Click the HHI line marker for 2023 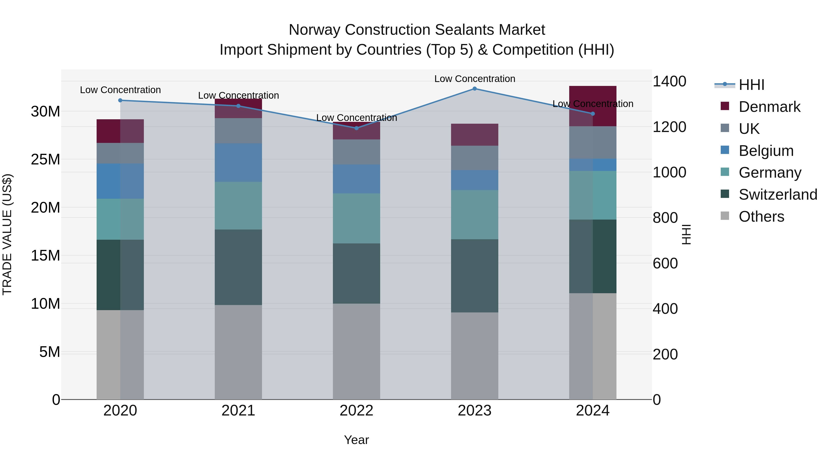(x=475, y=88)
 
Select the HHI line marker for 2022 (x=357, y=128)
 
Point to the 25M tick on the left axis (x=45, y=159)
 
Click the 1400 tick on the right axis (x=669, y=81)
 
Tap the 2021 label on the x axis (x=238, y=411)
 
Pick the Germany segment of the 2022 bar (x=357, y=218)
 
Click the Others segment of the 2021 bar (x=238, y=352)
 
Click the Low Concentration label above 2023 (x=475, y=79)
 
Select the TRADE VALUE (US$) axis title (x=7, y=234)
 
